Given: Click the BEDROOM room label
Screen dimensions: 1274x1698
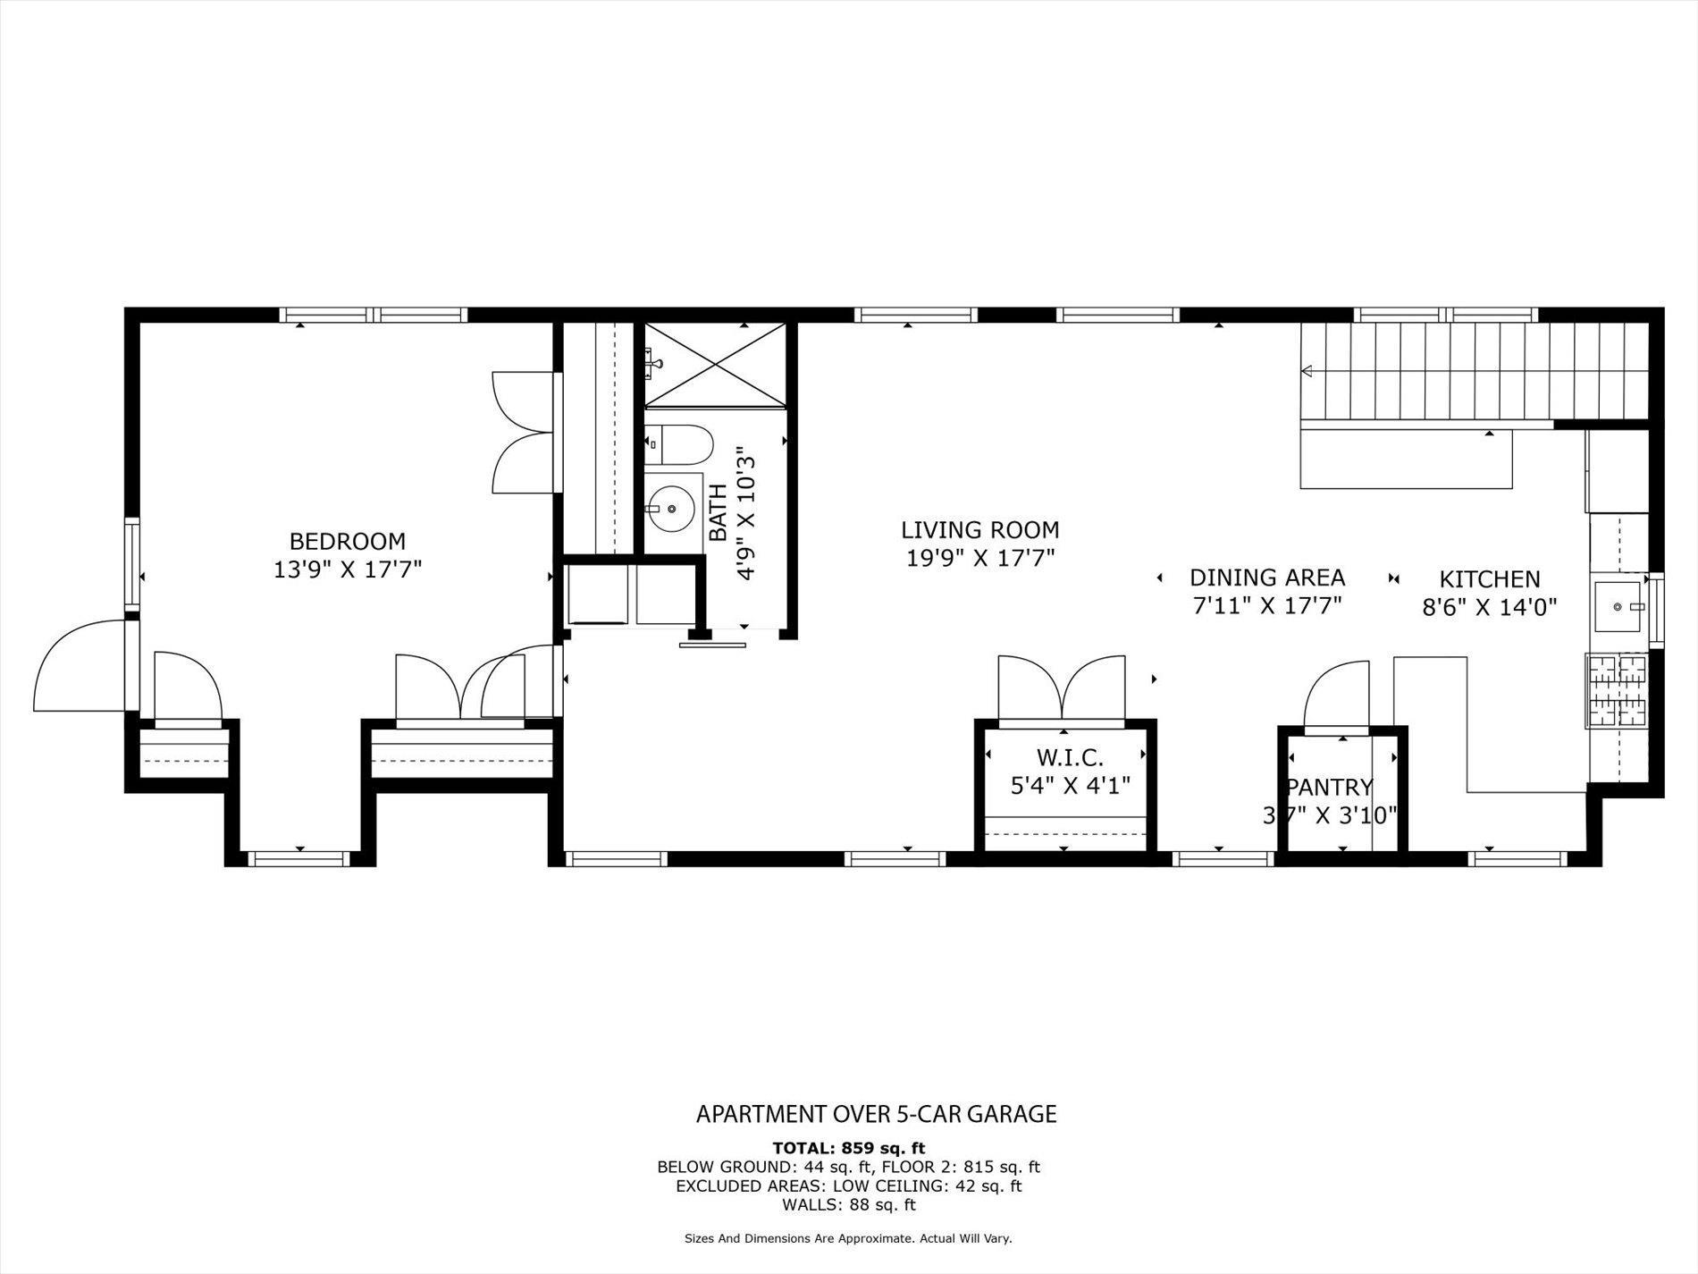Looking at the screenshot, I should [x=347, y=542].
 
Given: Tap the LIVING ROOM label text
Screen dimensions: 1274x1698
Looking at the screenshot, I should [x=979, y=530].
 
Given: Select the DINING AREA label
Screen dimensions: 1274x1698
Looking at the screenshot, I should [x=1266, y=578].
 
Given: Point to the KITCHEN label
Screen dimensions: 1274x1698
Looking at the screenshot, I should [x=1489, y=579].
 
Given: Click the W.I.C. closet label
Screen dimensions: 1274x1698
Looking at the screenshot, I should [x=1070, y=758].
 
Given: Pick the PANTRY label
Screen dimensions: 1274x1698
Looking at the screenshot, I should [x=1329, y=788].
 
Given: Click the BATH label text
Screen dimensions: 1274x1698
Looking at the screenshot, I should [x=718, y=512].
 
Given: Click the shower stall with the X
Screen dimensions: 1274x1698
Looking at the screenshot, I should [x=714, y=365].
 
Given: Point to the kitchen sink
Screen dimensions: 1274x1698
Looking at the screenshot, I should [x=1618, y=606].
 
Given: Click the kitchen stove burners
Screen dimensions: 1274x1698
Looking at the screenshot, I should [x=1616, y=689].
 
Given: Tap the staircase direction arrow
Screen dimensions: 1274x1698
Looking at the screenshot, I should [x=1307, y=370].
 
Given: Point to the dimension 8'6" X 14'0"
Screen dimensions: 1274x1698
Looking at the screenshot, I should [x=1489, y=608].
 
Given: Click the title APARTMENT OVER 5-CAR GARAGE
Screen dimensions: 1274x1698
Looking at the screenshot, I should [x=876, y=1114].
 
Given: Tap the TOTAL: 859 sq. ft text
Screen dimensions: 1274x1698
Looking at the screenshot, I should [x=848, y=1148].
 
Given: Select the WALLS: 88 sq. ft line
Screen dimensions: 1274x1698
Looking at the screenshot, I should [x=848, y=1204].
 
